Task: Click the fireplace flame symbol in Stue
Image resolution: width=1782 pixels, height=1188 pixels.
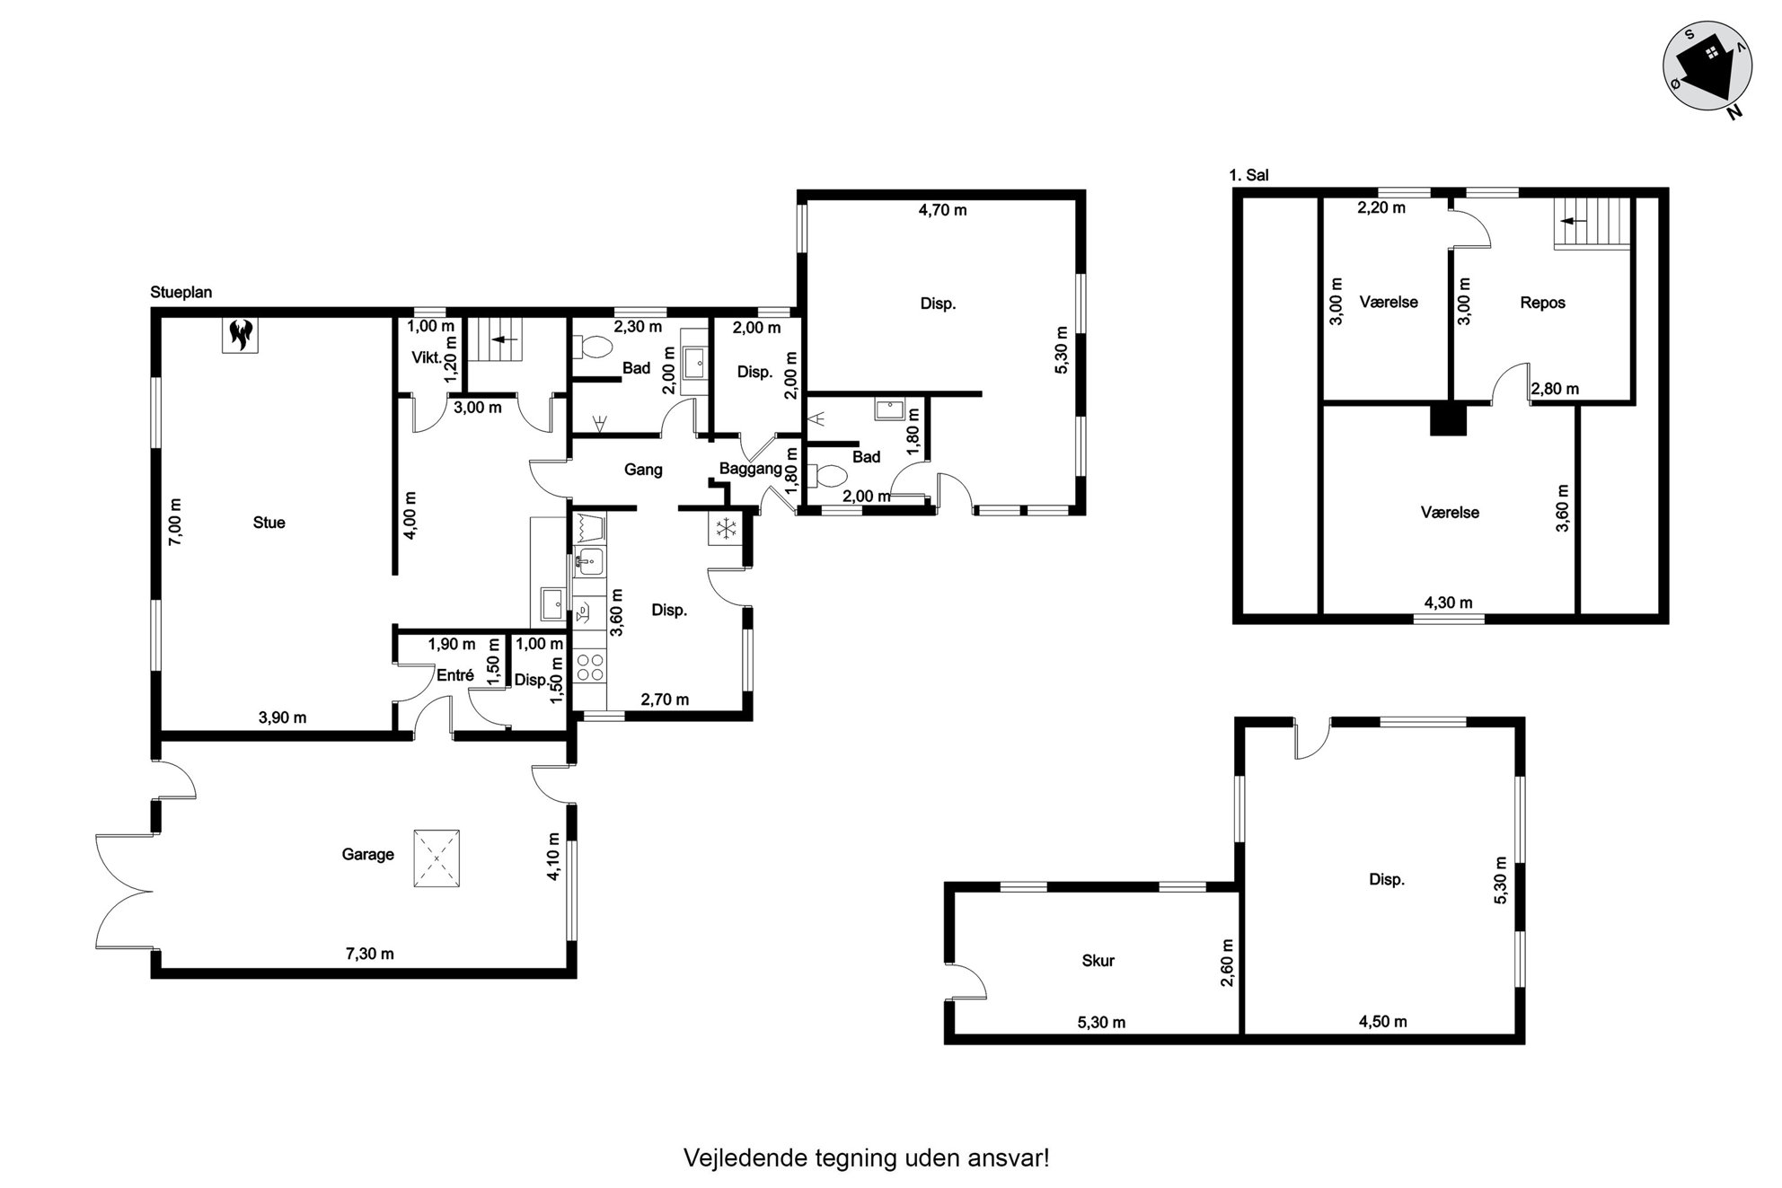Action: coord(241,335)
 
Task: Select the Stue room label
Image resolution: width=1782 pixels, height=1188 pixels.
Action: coord(269,523)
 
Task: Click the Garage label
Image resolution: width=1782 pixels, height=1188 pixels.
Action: coord(367,854)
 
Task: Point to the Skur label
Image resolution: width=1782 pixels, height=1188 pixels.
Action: coord(1098,961)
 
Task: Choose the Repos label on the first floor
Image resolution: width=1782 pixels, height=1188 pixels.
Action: coord(1542,303)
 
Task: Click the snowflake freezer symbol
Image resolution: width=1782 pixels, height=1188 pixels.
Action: coord(724,528)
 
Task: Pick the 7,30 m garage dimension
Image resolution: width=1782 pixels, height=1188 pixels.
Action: coord(369,954)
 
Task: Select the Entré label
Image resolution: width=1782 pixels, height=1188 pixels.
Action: coord(454,675)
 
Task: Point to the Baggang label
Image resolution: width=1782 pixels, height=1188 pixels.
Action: coord(750,469)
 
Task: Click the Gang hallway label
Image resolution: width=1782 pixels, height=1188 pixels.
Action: coord(643,470)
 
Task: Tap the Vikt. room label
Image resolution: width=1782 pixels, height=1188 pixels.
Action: coord(426,357)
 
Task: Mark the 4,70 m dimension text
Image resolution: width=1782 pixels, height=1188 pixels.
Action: coord(942,210)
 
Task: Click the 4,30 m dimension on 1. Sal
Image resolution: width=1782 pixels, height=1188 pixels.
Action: coord(1448,603)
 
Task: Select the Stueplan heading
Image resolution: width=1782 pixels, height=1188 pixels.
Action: coord(181,293)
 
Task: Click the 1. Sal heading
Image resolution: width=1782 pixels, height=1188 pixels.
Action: coord(1248,175)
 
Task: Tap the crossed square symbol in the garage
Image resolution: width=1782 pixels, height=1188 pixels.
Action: coord(437,858)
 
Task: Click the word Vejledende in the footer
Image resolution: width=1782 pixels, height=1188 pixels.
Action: coord(745,1157)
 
